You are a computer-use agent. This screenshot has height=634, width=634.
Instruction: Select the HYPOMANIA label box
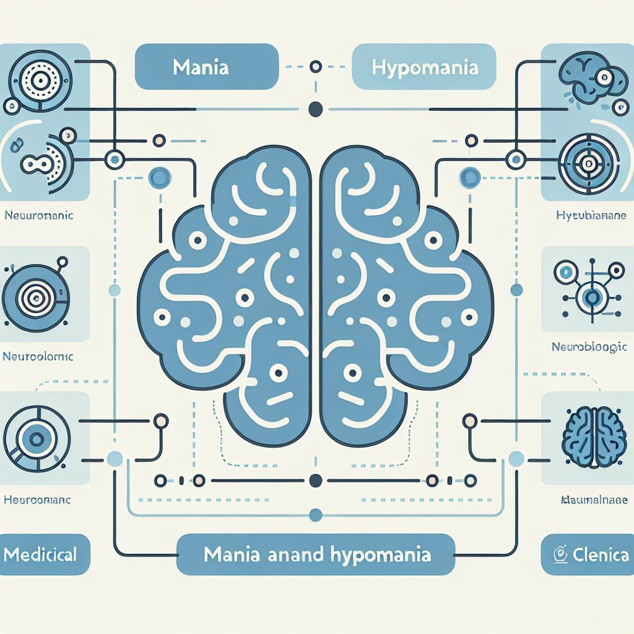click(x=425, y=67)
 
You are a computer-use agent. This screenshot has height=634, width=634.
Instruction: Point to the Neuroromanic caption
click(x=39, y=217)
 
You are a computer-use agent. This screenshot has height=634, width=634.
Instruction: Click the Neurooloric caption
click(x=38, y=357)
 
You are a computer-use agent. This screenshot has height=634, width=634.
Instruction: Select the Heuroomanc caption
click(x=37, y=498)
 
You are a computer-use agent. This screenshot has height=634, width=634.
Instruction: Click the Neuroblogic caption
click(x=589, y=347)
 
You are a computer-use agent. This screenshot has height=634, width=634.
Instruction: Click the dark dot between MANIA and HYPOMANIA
click(x=315, y=109)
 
